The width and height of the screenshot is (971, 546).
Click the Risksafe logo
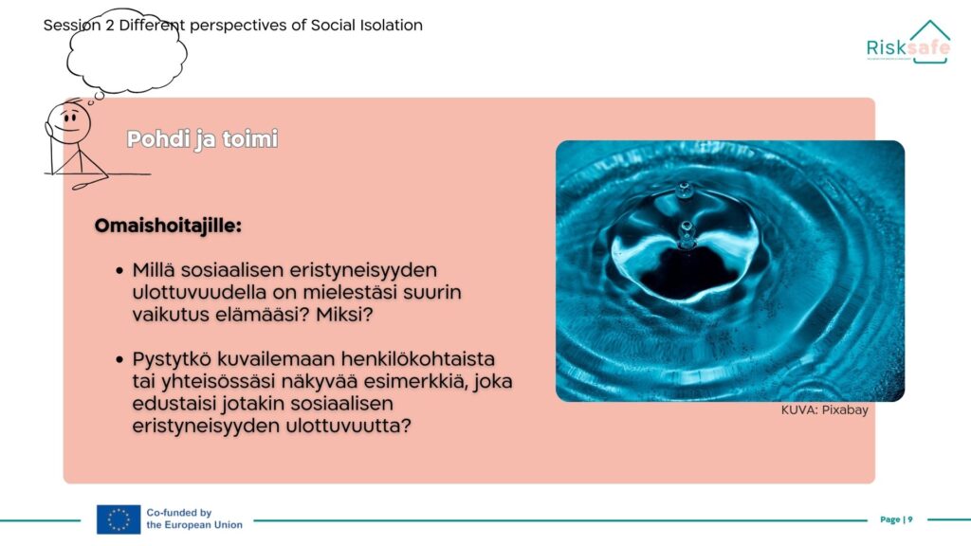pos(907,42)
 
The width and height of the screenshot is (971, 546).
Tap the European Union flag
pos(119,519)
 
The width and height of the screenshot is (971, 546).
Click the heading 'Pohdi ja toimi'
pos(203,139)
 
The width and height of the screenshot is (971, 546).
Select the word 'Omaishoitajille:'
pos(168,226)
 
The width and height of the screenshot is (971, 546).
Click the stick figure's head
pos(69,121)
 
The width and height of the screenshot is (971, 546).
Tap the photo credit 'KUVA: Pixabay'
pos(824,409)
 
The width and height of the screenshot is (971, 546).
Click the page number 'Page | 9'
pos(896,519)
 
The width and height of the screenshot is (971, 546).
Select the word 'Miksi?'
pos(344,315)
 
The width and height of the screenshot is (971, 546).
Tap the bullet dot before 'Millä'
pos(119,270)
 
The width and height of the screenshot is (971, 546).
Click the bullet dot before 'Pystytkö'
pos(119,359)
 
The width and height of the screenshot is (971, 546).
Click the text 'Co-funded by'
pos(179,513)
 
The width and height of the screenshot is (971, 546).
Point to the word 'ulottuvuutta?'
pos(348,426)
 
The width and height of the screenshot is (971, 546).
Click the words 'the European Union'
pos(194,525)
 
